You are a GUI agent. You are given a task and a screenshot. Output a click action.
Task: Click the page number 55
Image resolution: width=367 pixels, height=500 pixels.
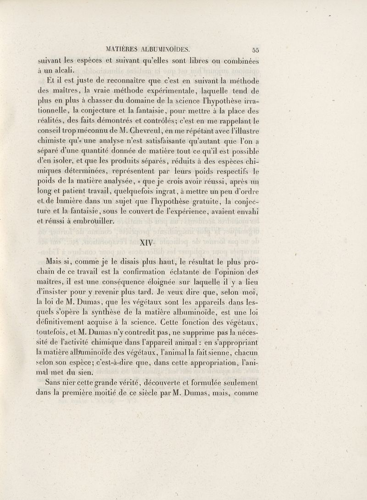pos(256,51)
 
